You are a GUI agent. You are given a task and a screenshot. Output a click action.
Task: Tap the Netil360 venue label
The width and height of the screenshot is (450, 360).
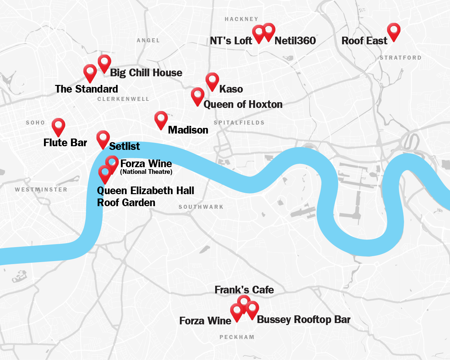[x=295, y=41]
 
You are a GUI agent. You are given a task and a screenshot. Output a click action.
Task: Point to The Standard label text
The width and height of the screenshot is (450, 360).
[x=87, y=89]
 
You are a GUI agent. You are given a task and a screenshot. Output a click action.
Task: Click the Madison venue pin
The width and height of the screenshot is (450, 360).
[x=161, y=119]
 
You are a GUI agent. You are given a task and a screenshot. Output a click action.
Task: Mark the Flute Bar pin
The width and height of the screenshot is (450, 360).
[x=59, y=126]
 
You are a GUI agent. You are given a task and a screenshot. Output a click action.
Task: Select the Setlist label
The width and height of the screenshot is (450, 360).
[x=124, y=146]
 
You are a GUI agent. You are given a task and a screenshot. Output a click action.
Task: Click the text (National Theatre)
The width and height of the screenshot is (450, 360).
[x=146, y=172]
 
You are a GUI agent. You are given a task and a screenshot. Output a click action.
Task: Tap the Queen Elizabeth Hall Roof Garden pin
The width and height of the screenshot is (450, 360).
[x=105, y=173]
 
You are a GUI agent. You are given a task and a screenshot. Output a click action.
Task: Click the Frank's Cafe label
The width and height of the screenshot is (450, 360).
[x=244, y=290]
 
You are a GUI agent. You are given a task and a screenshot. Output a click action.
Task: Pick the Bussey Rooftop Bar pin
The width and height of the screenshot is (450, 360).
[x=252, y=309]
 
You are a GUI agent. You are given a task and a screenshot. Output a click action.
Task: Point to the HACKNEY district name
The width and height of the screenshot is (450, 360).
[x=241, y=19]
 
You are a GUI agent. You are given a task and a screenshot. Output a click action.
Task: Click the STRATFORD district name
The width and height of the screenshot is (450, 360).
[x=400, y=58]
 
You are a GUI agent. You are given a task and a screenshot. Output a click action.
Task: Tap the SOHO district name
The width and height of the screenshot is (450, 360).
[x=35, y=123]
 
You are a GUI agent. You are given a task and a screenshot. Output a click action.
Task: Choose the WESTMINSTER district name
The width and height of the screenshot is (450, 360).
[x=41, y=189]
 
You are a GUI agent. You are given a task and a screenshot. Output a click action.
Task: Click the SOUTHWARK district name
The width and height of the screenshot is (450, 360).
[x=201, y=207]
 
